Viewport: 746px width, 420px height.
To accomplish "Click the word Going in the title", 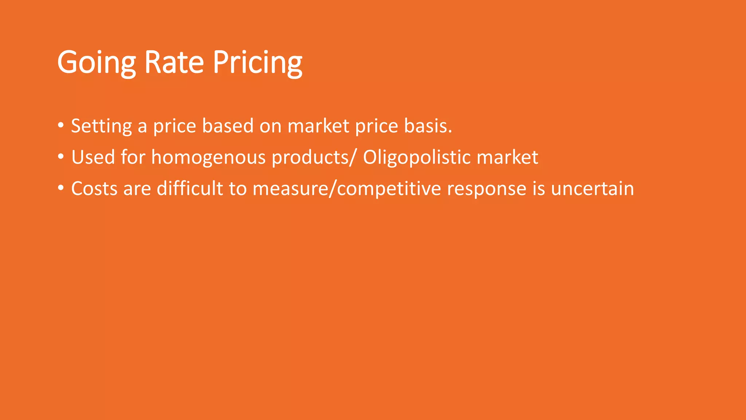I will pos(97,62).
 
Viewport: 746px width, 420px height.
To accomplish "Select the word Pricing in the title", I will pos(258,62).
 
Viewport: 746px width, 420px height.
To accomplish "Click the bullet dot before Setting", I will pos(61,125).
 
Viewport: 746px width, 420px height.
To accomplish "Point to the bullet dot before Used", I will pos(61,157).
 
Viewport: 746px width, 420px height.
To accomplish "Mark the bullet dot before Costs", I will pos(61,188).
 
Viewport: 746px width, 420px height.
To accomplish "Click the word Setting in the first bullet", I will pos(101,126).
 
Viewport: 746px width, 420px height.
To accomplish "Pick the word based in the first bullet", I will pos(228,126).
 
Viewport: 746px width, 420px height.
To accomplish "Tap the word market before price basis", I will pos(318,126).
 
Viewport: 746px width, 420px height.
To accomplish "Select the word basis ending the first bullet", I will pos(428,126).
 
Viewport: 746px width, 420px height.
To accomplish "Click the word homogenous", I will pos(208,157).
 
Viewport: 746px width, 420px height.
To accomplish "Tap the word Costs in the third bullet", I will pos(94,189).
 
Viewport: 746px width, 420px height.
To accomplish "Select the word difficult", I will pos(190,189).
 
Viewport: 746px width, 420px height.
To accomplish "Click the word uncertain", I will pos(592,189).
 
